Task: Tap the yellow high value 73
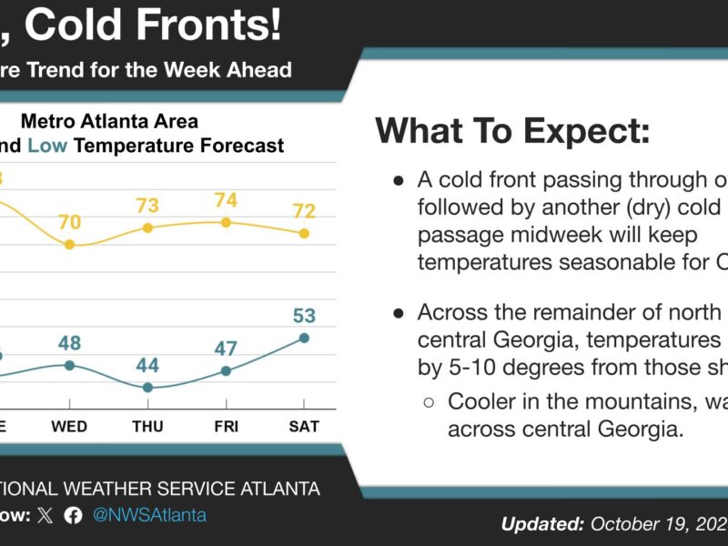pyautogui.click(x=147, y=206)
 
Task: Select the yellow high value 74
pyautogui.click(x=226, y=200)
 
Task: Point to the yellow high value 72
pyautogui.click(x=304, y=211)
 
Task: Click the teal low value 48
pyautogui.click(x=69, y=343)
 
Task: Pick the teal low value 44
pyautogui.click(x=147, y=366)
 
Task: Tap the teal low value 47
pyautogui.click(x=226, y=349)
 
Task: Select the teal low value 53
pyautogui.click(x=304, y=316)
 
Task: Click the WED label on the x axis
pyautogui.click(x=69, y=426)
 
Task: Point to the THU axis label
pyautogui.click(x=147, y=426)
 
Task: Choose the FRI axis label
pyautogui.click(x=226, y=426)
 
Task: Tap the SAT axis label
pyautogui.click(x=304, y=426)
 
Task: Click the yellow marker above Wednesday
pyautogui.click(x=69, y=245)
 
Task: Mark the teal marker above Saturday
pyautogui.click(x=304, y=338)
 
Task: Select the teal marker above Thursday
pyautogui.click(x=147, y=388)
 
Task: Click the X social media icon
pyautogui.click(x=46, y=515)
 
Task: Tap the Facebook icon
pyautogui.click(x=74, y=515)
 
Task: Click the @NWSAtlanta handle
pyautogui.click(x=149, y=515)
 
